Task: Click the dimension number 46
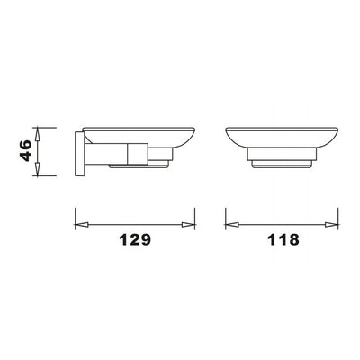tap(25, 150)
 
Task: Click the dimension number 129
tap(135, 240)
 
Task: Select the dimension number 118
tap(283, 240)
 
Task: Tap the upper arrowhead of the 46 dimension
tap(37, 134)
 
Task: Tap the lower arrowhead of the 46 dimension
tap(37, 169)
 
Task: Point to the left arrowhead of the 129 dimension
tap(82, 224)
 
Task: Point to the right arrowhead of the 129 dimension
tap(188, 224)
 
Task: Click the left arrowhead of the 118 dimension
tap(232, 224)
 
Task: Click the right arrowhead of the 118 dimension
tap(332, 224)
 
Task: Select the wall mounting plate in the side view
tap(79, 154)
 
